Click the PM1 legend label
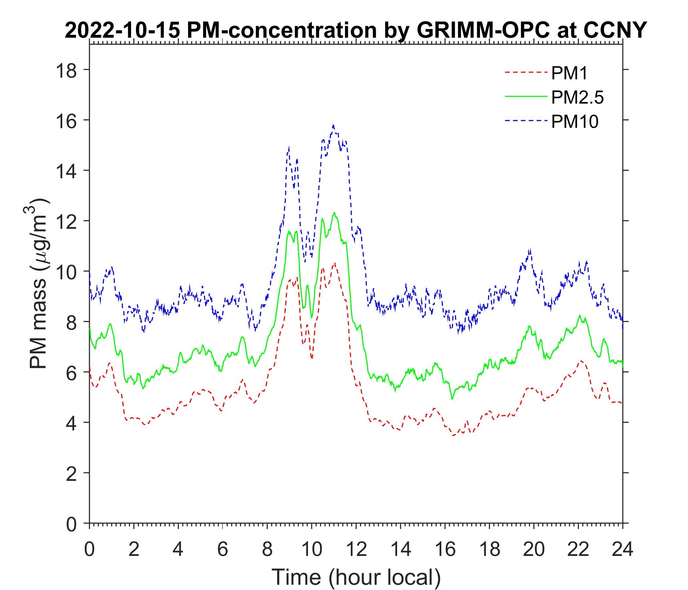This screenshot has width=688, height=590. point(569,73)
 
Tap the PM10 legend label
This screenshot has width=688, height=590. point(575,122)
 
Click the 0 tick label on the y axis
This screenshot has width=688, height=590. point(75,524)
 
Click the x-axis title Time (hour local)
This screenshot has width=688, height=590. point(356,577)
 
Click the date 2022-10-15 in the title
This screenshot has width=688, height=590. point(123,31)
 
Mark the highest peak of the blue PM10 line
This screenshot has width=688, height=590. point(333,125)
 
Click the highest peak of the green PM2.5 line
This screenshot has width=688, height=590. point(334,213)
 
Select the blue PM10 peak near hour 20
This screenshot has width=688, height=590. point(530,249)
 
